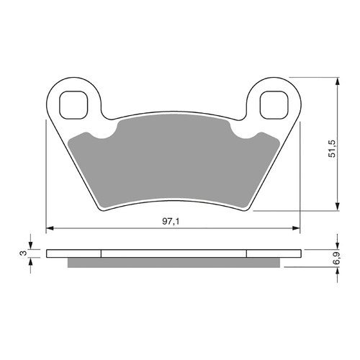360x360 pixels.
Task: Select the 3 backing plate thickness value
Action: click(24, 253)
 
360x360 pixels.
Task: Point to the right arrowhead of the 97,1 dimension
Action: click(296, 229)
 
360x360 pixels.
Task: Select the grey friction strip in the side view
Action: click(173, 261)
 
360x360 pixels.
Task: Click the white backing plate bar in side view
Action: click(173, 253)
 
